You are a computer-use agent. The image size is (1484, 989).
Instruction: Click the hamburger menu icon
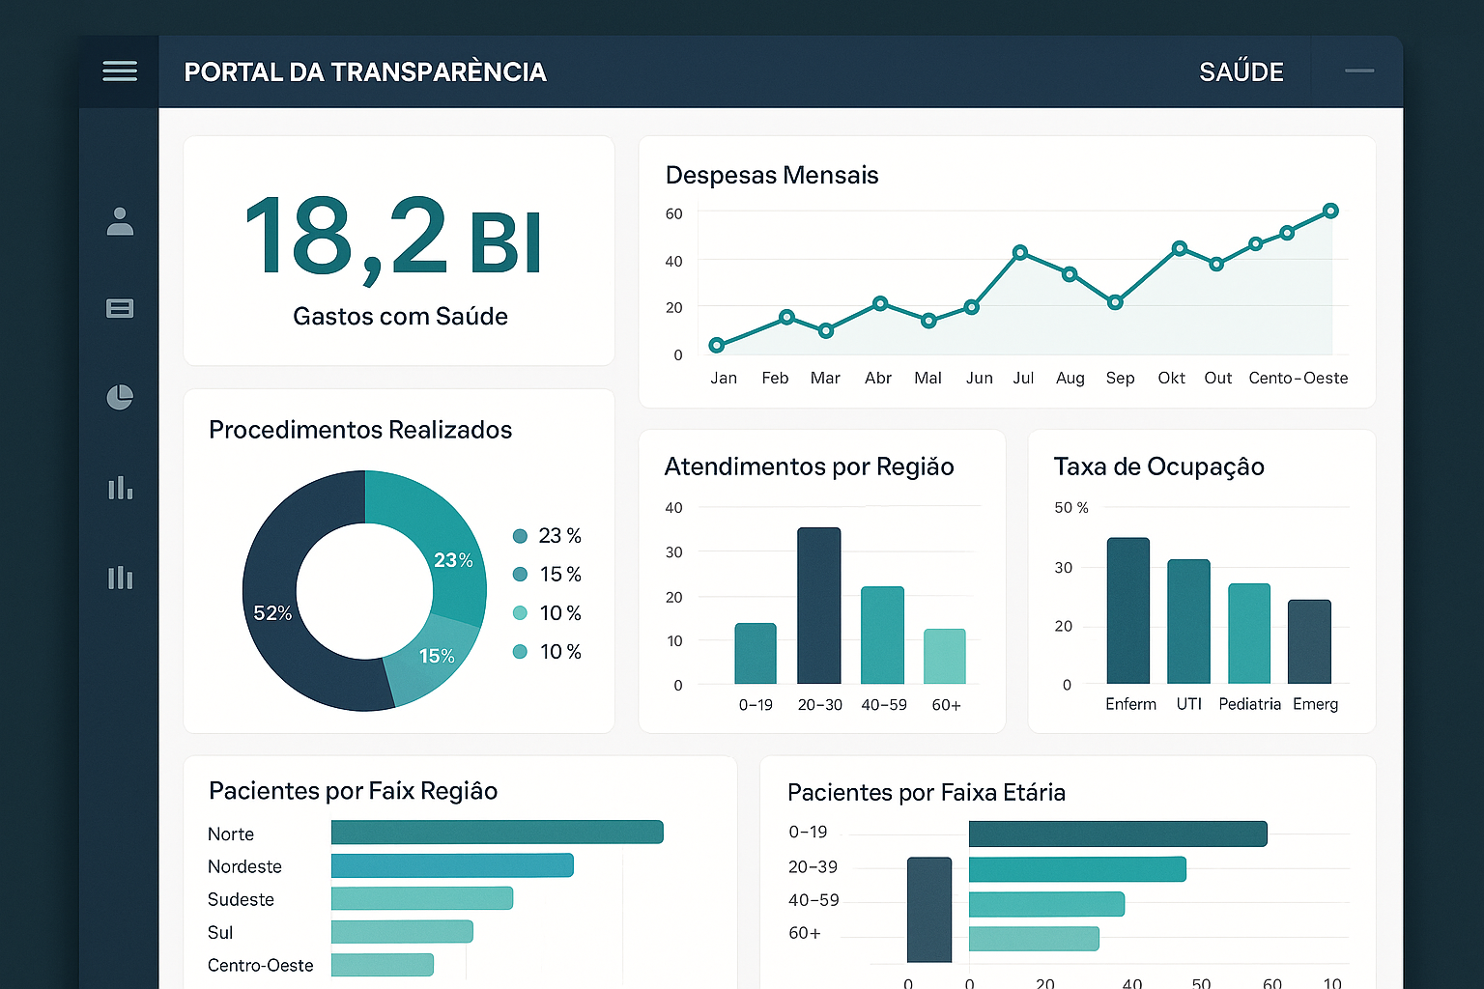pos(120,71)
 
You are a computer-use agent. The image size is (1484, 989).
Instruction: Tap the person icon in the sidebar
pos(120,221)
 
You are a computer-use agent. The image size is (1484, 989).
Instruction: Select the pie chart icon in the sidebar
pos(120,397)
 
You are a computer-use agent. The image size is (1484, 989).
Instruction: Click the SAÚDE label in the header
pos(1241,72)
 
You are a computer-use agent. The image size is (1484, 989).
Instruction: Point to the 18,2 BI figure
pos(393,238)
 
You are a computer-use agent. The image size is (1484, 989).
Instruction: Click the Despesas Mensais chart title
pos(772,175)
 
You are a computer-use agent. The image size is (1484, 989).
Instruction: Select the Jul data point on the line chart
pos(1020,252)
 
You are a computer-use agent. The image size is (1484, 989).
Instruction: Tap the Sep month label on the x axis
pos(1120,378)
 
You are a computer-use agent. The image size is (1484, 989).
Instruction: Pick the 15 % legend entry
pos(548,575)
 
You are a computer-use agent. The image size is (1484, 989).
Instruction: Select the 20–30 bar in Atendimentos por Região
pos(818,606)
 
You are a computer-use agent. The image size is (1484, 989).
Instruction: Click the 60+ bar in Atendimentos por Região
pos(945,657)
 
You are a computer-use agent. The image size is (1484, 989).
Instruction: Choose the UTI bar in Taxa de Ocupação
pos(1188,621)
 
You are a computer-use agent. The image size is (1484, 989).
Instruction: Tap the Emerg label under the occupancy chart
pos(1315,704)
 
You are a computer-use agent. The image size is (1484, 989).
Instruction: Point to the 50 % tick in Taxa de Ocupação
pos(1070,508)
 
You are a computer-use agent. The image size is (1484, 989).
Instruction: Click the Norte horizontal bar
pos(497,833)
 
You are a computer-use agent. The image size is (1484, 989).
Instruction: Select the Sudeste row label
pos(241,899)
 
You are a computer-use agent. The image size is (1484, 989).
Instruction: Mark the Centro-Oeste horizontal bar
pos(383,965)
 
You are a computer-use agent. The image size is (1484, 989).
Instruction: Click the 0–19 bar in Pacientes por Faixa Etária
pos(1117,834)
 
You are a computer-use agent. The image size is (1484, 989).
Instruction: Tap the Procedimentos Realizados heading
pos(360,430)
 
